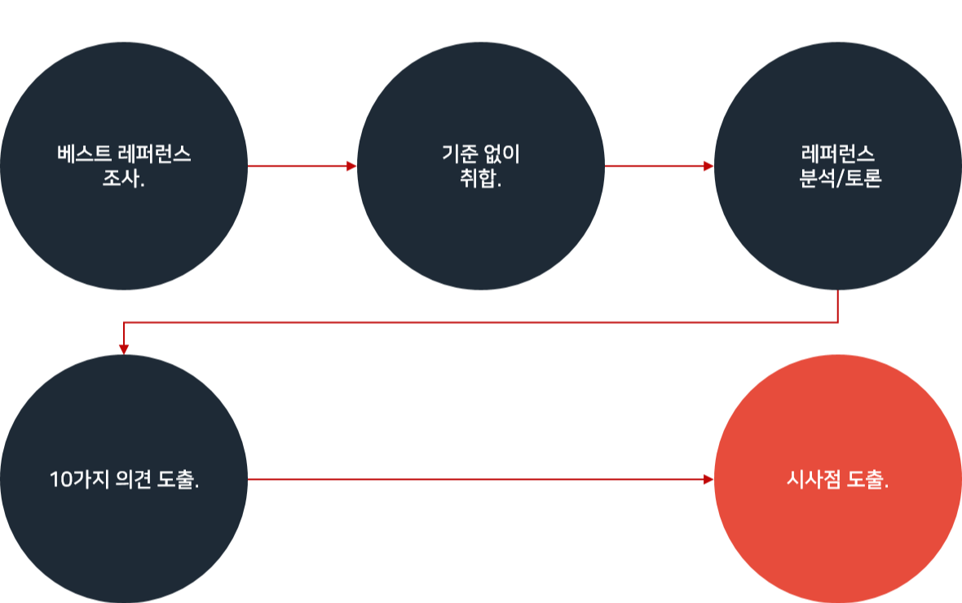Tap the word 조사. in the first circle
pos(124,178)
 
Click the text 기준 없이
pos(480,155)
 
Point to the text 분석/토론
pos(841,178)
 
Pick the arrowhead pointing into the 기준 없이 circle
pos(352,166)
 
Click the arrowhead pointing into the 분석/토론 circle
pos(709,166)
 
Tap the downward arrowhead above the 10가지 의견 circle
pos(124,348)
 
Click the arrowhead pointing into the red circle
pos(709,480)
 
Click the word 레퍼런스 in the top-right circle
pos(839,155)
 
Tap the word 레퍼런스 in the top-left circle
pos(155,155)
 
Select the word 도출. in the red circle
pos(868,480)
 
